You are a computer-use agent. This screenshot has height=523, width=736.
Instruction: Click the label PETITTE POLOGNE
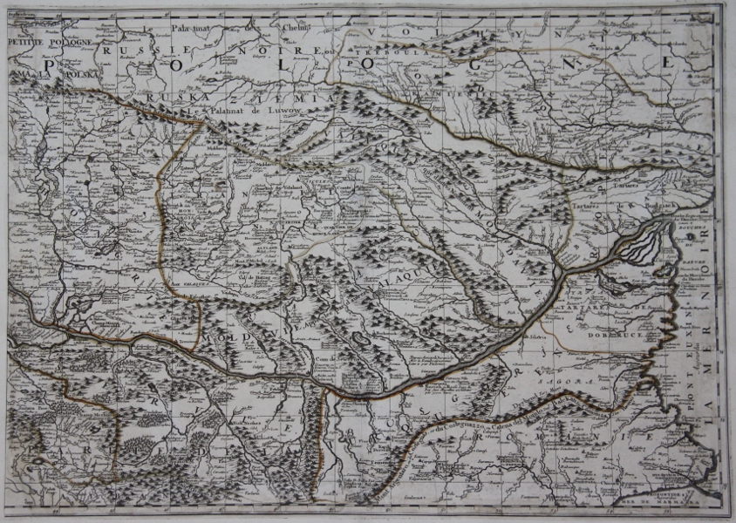[x=43, y=41]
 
